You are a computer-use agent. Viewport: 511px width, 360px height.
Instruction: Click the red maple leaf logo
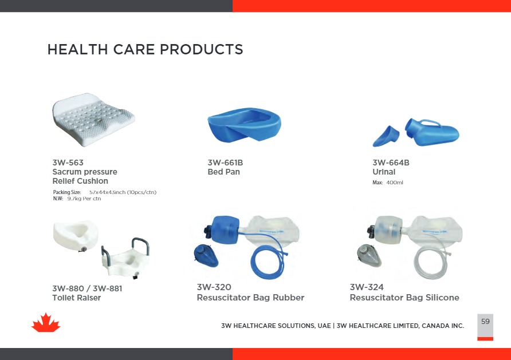click(x=46, y=323)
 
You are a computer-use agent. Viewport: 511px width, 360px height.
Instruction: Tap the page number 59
click(x=485, y=321)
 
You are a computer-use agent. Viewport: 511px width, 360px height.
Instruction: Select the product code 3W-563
click(x=68, y=163)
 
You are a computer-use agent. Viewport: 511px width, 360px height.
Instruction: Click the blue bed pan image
click(x=244, y=124)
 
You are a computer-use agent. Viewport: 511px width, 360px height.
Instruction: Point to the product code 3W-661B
click(x=225, y=163)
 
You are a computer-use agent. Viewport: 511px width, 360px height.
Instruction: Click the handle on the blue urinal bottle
click(x=430, y=123)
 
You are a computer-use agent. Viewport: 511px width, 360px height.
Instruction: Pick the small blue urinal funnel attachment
click(x=386, y=136)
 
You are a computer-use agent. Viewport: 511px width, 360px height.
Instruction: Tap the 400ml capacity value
click(x=395, y=183)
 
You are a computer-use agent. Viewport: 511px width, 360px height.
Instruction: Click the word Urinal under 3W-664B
click(x=384, y=172)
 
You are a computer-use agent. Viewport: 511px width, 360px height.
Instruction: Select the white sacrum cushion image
click(x=93, y=120)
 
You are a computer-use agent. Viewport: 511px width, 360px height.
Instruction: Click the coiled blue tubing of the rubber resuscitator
click(x=267, y=260)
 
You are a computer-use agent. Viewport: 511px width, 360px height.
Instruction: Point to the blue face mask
click(x=206, y=255)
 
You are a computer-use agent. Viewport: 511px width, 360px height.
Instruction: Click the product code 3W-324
click(x=367, y=287)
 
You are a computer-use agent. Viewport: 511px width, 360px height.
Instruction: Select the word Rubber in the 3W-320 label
click(x=288, y=298)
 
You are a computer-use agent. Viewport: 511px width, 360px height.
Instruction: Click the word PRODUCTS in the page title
click(x=202, y=49)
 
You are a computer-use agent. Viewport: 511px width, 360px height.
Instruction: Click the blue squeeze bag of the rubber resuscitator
click(x=226, y=230)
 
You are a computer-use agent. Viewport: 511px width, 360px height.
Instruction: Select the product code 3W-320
click(x=214, y=287)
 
